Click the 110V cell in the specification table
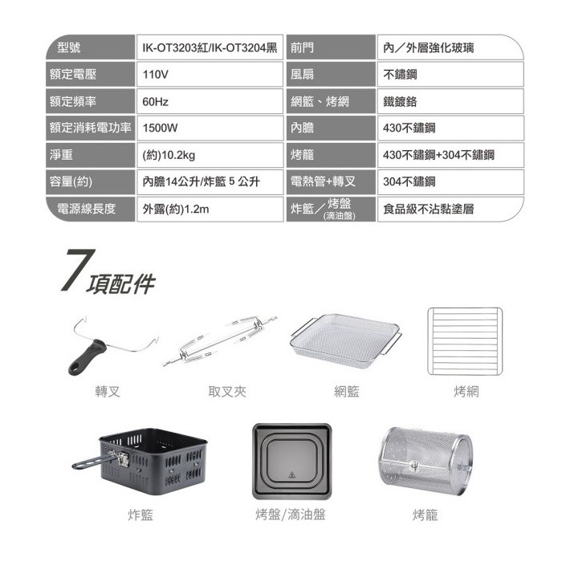tap(210, 74)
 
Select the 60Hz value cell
tap(210, 101)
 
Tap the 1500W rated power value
tap(210, 128)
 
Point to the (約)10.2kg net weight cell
tap(210, 155)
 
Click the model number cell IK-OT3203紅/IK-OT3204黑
tap(210, 47)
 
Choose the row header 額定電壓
tap(90, 74)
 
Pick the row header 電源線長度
tap(90, 209)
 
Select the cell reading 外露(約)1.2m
tap(210, 209)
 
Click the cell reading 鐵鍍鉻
tap(450, 101)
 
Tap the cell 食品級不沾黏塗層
tap(450, 209)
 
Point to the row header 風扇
tap(331, 74)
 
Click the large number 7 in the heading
tap(78, 270)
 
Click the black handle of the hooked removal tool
tap(87, 358)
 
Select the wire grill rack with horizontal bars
tap(465, 341)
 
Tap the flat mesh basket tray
tap(346, 340)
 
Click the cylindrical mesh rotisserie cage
tap(425, 460)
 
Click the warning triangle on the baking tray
tap(291, 475)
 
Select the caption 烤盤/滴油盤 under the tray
tap(291, 515)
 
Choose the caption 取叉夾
tap(227, 392)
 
